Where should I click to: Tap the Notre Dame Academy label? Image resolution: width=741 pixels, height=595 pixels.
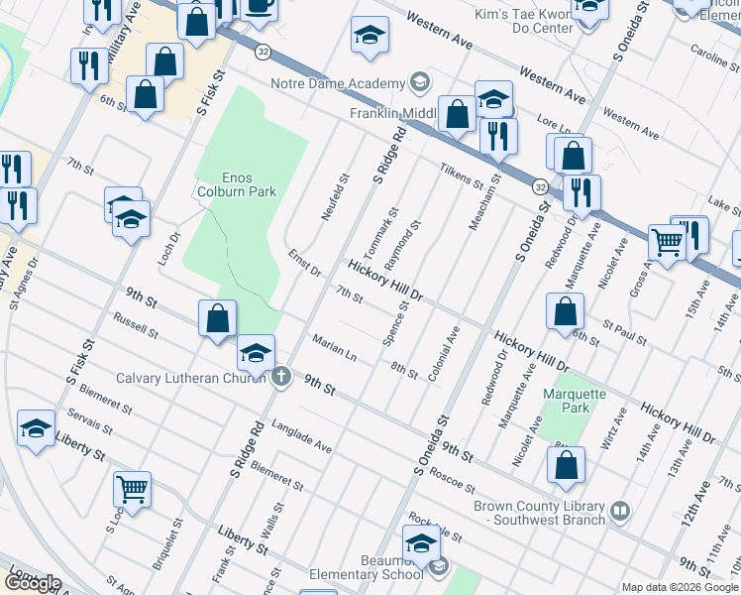coord(339,82)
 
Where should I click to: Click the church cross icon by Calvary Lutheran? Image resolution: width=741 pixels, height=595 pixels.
coord(281,376)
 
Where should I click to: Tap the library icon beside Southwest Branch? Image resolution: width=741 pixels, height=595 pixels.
coord(620,512)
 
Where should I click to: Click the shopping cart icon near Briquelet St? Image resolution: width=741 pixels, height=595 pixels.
coord(132,488)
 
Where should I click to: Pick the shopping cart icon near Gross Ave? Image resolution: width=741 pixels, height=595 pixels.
coord(668,241)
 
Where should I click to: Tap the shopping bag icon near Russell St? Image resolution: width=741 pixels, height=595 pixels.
coord(217,319)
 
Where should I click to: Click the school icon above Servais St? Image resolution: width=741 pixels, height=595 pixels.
coord(37,428)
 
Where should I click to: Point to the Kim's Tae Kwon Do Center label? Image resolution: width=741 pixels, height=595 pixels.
coord(526,20)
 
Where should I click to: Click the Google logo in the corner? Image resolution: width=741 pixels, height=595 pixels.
coord(32,583)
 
